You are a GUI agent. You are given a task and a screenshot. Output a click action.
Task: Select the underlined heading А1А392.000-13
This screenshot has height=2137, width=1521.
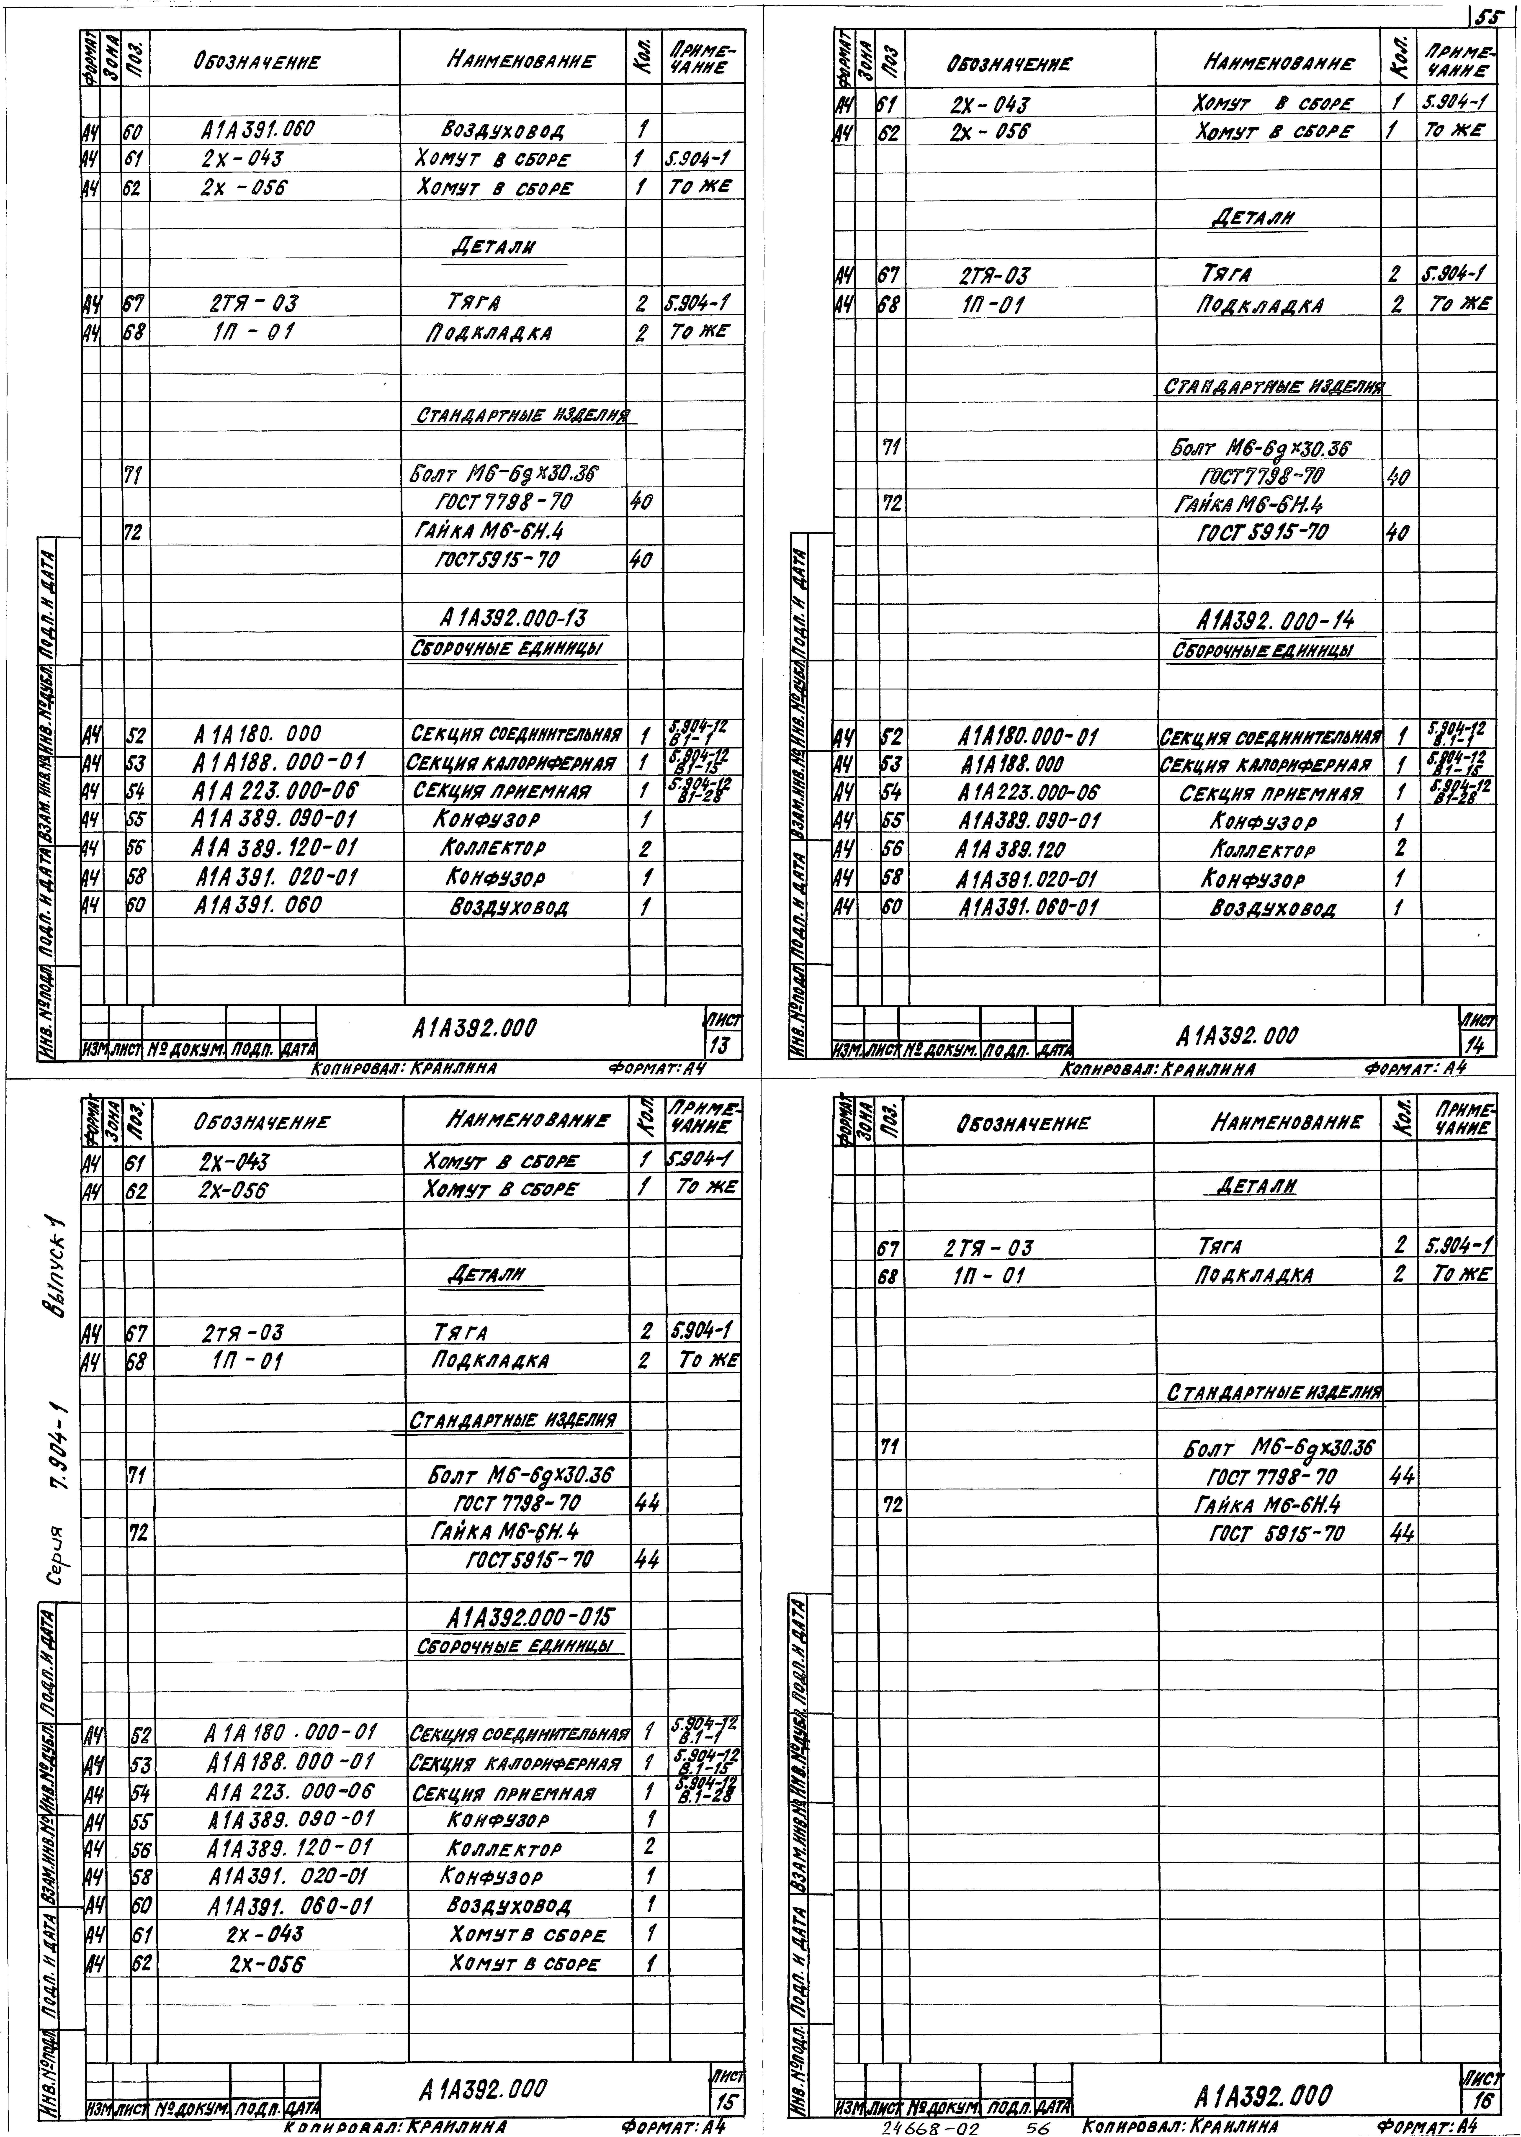tap(514, 618)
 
